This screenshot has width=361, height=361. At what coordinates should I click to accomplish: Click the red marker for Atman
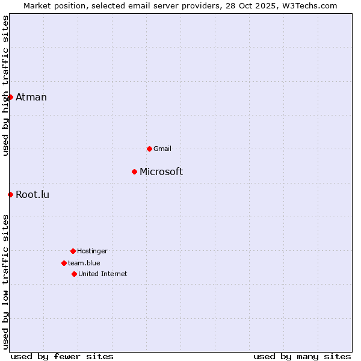pos(10,97)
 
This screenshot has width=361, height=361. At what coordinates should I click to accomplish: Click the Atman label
pos(31,97)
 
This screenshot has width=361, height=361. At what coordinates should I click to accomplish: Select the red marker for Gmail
pos(149,149)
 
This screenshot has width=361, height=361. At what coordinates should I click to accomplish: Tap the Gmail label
pos(162,149)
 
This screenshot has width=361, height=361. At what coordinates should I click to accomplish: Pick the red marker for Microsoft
pos(134,172)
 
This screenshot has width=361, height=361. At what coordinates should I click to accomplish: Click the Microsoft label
pos(161,172)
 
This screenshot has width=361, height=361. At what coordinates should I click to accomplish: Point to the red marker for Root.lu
pos(10,194)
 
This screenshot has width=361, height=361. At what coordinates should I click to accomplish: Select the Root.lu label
pos(32,194)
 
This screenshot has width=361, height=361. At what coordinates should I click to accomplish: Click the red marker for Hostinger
pos(73,251)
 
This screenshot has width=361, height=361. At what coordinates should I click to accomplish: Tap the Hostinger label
pos(92,251)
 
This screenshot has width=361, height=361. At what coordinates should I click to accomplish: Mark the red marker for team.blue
pos(64,263)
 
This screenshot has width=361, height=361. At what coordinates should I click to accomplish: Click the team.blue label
pos(84,263)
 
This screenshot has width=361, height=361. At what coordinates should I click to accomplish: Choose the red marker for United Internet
pos(74,274)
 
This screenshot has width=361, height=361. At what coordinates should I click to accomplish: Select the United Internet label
pos(103,274)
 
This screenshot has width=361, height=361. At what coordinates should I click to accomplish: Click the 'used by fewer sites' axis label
pos(62,356)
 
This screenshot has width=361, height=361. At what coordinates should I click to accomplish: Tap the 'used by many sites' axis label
pos(302,356)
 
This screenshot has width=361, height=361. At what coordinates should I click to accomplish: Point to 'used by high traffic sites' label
pos(6,85)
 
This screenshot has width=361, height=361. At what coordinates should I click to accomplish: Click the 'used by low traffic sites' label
pos(6,282)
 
